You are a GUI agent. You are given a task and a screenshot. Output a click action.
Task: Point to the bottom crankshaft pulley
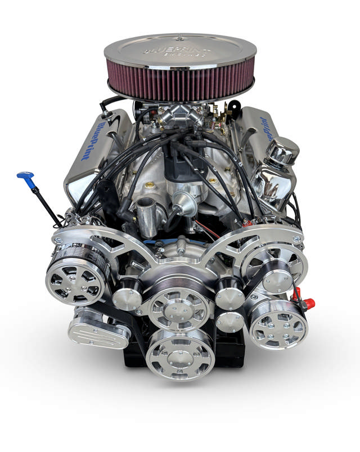pyautogui.click(x=179, y=354)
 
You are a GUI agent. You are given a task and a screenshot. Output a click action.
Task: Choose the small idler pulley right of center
pyautogui.click(x=230, y=296)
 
